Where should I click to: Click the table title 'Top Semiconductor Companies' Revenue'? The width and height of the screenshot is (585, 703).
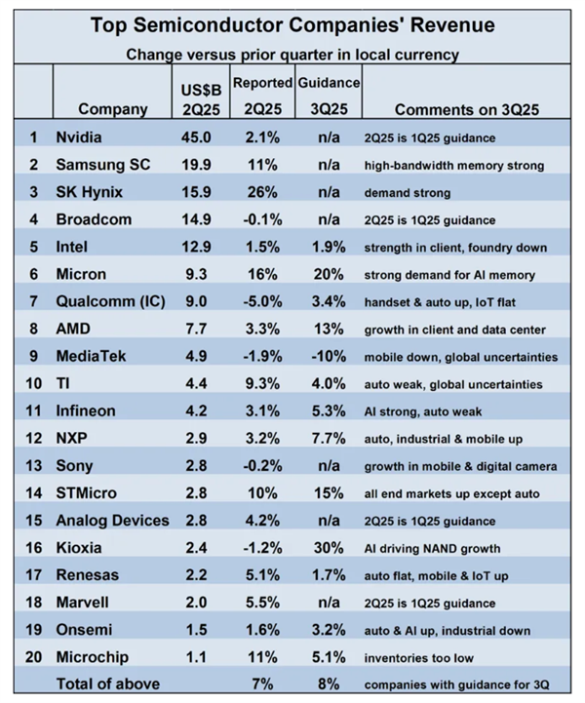coord(292,24)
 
